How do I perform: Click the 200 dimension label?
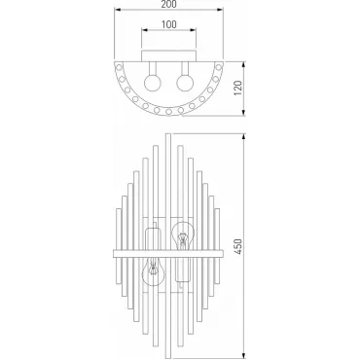tap(168, 4)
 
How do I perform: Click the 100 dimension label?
tap(168, 24)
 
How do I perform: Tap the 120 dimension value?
tap(238, 88)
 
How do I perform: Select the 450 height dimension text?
tap(238, 246)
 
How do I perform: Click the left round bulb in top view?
tap(153, 83)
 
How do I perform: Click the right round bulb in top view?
tap(185, 83)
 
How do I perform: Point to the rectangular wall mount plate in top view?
tap(168, 55)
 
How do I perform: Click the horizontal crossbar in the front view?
tap(168, 253)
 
